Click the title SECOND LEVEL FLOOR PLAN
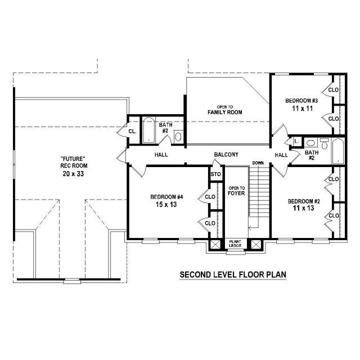[233, 274]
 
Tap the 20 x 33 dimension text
[73, 174]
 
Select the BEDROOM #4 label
[166, 197]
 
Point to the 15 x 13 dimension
[166, 204]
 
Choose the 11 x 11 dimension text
[303, 109]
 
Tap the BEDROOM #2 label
[304, 201]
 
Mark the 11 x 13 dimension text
[303, 208]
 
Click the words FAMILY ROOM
[225, 112]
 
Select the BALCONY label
[226, 155]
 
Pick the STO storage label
[215, 174]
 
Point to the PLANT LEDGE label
[235, 244]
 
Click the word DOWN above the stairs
[258, 163]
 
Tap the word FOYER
[236, 193]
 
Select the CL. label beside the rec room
[132, 132]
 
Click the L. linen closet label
[296, 141]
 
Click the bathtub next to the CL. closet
[148, 130]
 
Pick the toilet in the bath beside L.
[325, 144]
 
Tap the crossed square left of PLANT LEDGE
[215, 244]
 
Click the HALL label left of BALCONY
[161, 155]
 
